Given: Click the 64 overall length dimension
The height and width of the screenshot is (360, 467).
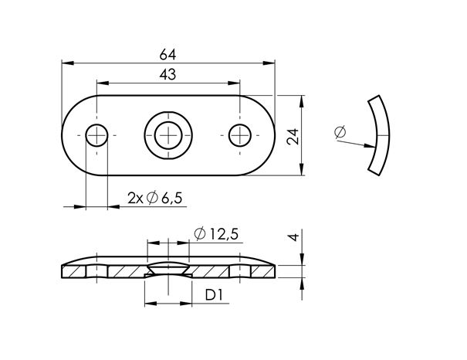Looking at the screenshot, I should (168, 54).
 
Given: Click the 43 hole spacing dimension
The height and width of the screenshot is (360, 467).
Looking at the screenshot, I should (168, 74).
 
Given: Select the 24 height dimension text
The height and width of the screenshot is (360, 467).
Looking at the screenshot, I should (292, 136).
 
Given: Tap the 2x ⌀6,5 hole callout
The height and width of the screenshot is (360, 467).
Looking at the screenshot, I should (154, 199).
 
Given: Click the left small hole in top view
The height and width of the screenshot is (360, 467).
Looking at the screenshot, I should (96, 135).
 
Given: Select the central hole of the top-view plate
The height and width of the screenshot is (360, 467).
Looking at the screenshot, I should (168, 135).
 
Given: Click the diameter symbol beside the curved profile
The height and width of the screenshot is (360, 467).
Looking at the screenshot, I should (340, 133).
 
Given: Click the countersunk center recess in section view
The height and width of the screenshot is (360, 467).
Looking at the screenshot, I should (168, 267).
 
